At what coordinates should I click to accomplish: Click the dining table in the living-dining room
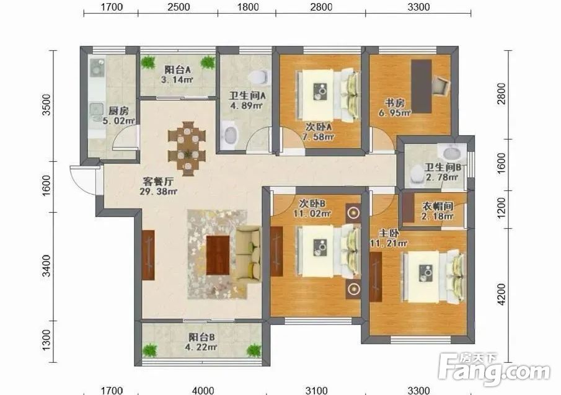(x=187, y=148)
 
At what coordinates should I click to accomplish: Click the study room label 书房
(x=395, y=103)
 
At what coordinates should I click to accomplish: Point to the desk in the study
(x=421, y=86)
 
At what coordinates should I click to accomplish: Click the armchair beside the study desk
(x=440, y=86)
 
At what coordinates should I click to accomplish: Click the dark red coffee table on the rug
(x=218, y=255)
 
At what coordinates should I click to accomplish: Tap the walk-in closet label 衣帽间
(x=438, y=206)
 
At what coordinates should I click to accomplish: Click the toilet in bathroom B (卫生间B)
(x=417, y=174)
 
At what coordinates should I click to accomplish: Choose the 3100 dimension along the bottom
(x=317, y=390)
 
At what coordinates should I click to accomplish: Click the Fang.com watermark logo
(x=494, y=370)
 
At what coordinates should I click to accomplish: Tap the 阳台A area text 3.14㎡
(x=177, y=79)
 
